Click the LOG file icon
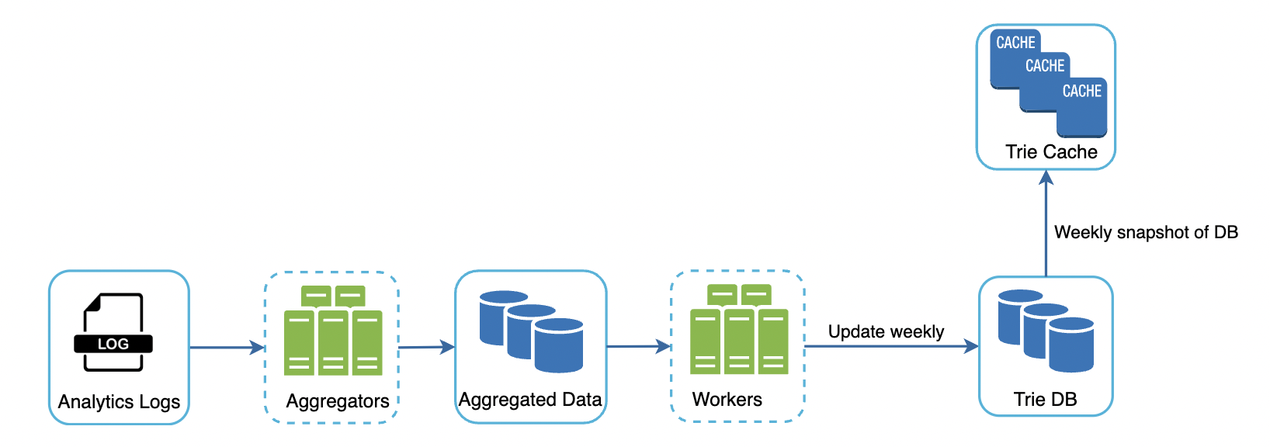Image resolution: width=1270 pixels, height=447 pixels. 113,332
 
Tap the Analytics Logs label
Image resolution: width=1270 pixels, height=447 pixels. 119,402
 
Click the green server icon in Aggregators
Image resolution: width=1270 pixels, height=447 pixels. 333,331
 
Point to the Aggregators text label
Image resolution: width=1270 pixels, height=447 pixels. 338,401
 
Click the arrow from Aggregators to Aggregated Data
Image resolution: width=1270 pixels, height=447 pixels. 426,347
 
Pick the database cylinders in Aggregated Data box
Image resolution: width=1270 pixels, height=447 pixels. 531,331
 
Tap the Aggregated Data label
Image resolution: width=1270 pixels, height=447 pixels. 530,400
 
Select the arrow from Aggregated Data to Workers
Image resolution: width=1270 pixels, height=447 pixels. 638,347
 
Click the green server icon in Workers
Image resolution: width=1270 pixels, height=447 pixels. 739,330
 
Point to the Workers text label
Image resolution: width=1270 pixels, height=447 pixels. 727,400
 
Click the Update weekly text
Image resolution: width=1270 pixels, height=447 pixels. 886,332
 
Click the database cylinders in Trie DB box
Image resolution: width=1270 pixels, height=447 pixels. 1046,331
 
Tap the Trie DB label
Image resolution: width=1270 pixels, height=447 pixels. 1045,400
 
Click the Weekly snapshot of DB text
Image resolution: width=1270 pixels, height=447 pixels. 1146,232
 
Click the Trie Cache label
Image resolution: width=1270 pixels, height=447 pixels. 1051,152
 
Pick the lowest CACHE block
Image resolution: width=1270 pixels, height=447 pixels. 1081,109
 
